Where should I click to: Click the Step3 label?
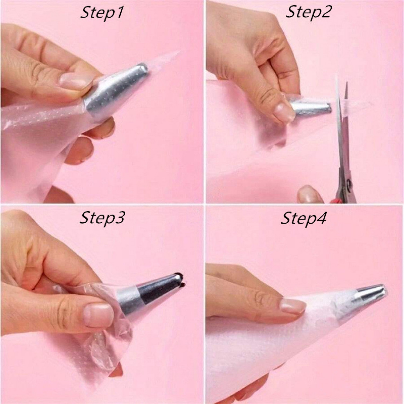point(102,218)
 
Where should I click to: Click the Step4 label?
point(304,218)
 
